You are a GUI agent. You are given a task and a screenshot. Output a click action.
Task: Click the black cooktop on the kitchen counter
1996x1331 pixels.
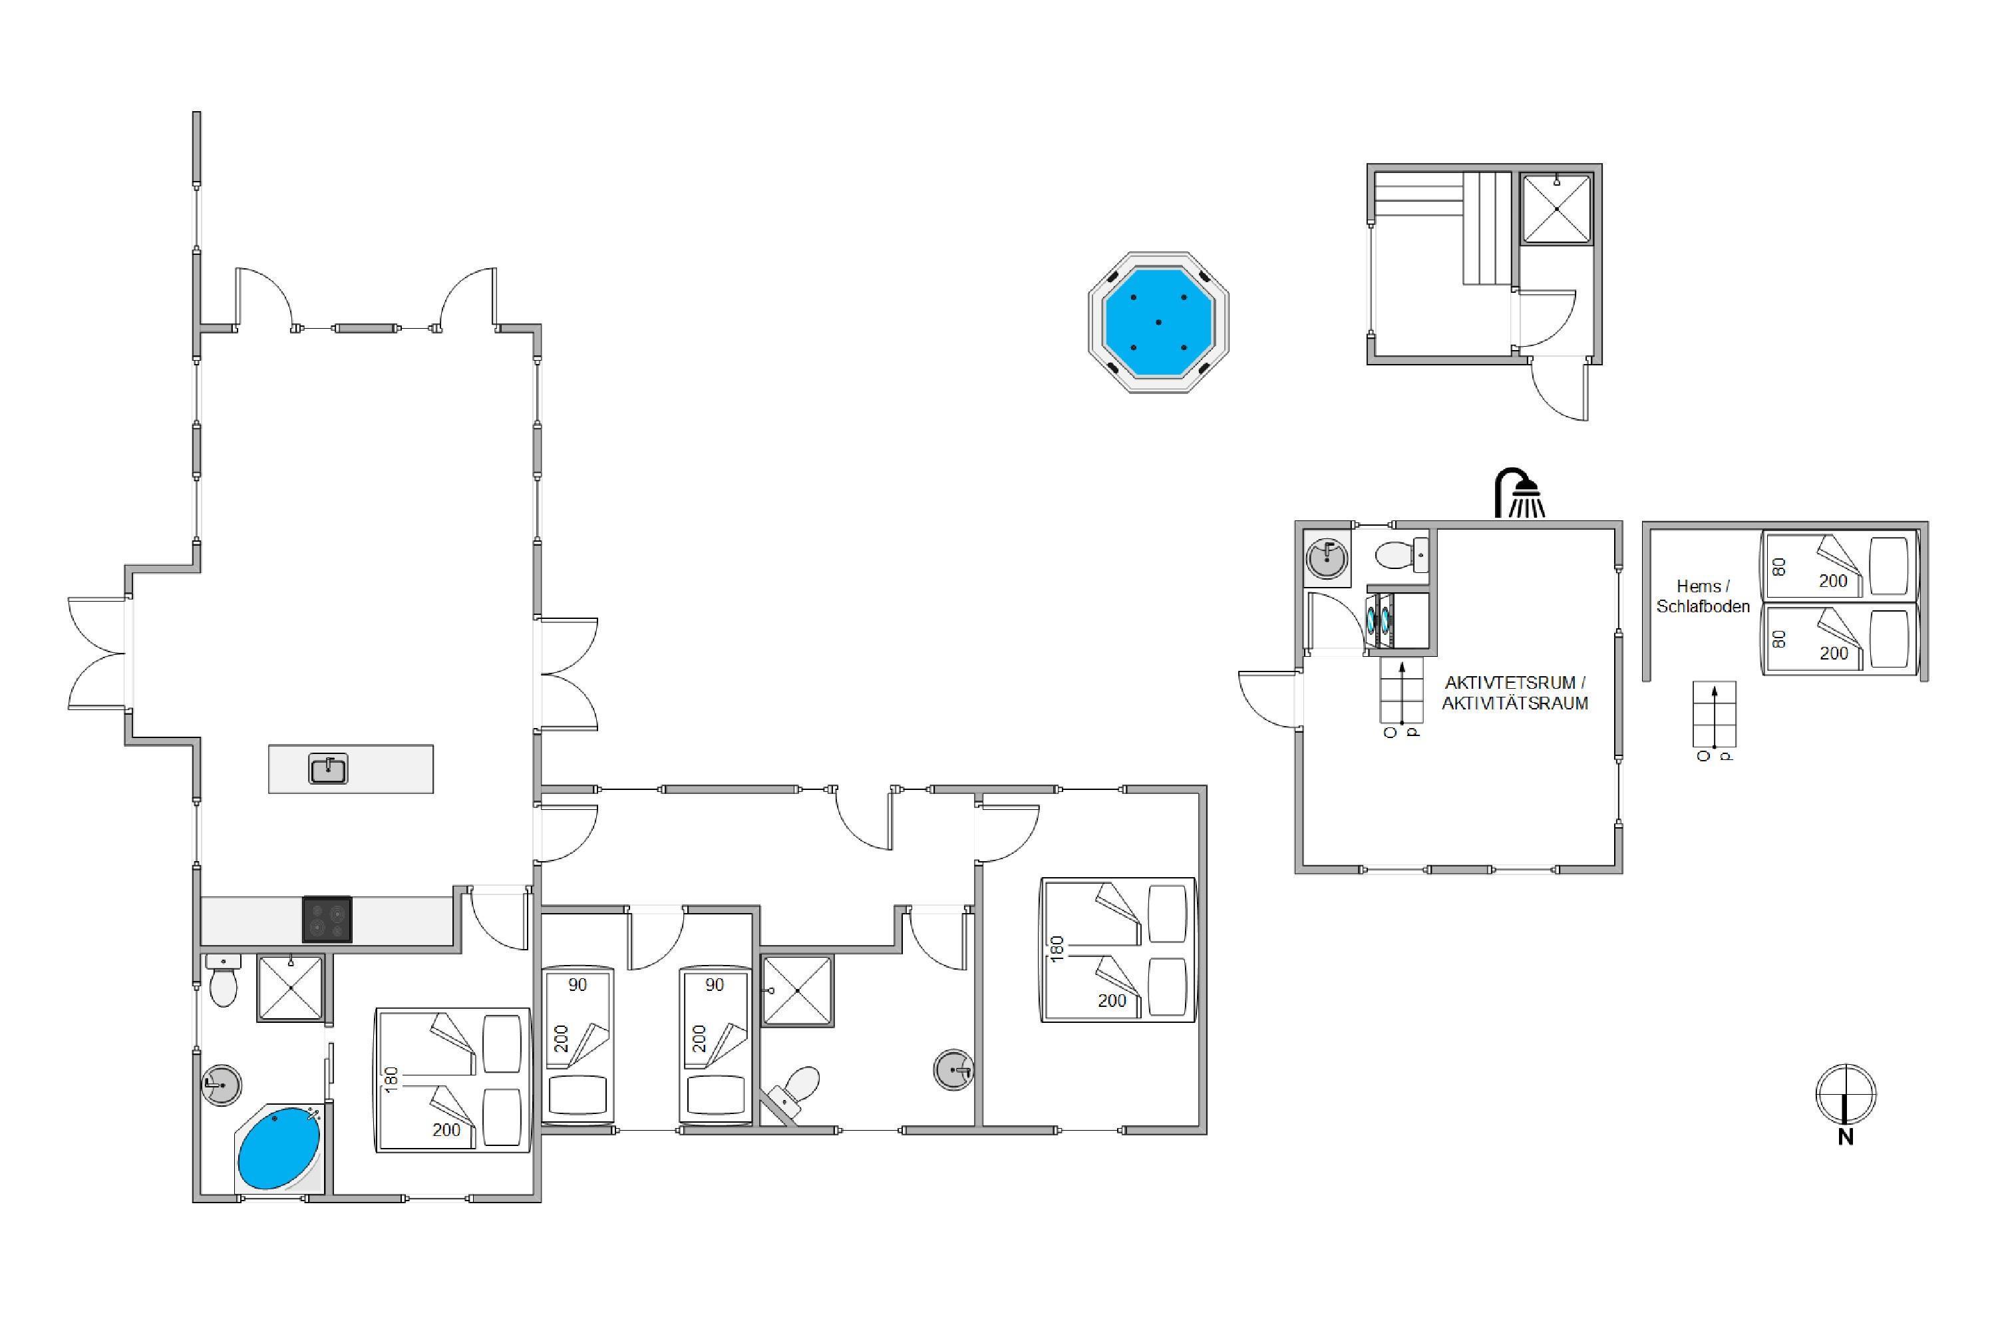point(327,919)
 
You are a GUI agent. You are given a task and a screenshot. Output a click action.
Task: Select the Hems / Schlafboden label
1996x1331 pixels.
point(1703,596)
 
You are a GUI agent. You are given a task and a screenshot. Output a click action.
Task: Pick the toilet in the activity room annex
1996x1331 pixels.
point(1402,555)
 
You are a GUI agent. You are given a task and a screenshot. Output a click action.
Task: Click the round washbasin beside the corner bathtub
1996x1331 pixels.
point(222,1085)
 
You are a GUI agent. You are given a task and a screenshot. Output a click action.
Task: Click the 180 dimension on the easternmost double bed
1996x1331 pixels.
point(1057,949)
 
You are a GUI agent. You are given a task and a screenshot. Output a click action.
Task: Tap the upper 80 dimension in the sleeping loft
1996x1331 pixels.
point(1780,567)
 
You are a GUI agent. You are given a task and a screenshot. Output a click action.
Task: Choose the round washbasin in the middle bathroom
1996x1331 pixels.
point(953,1069)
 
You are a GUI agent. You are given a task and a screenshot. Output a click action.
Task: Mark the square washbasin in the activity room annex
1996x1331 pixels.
point(1327,558)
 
